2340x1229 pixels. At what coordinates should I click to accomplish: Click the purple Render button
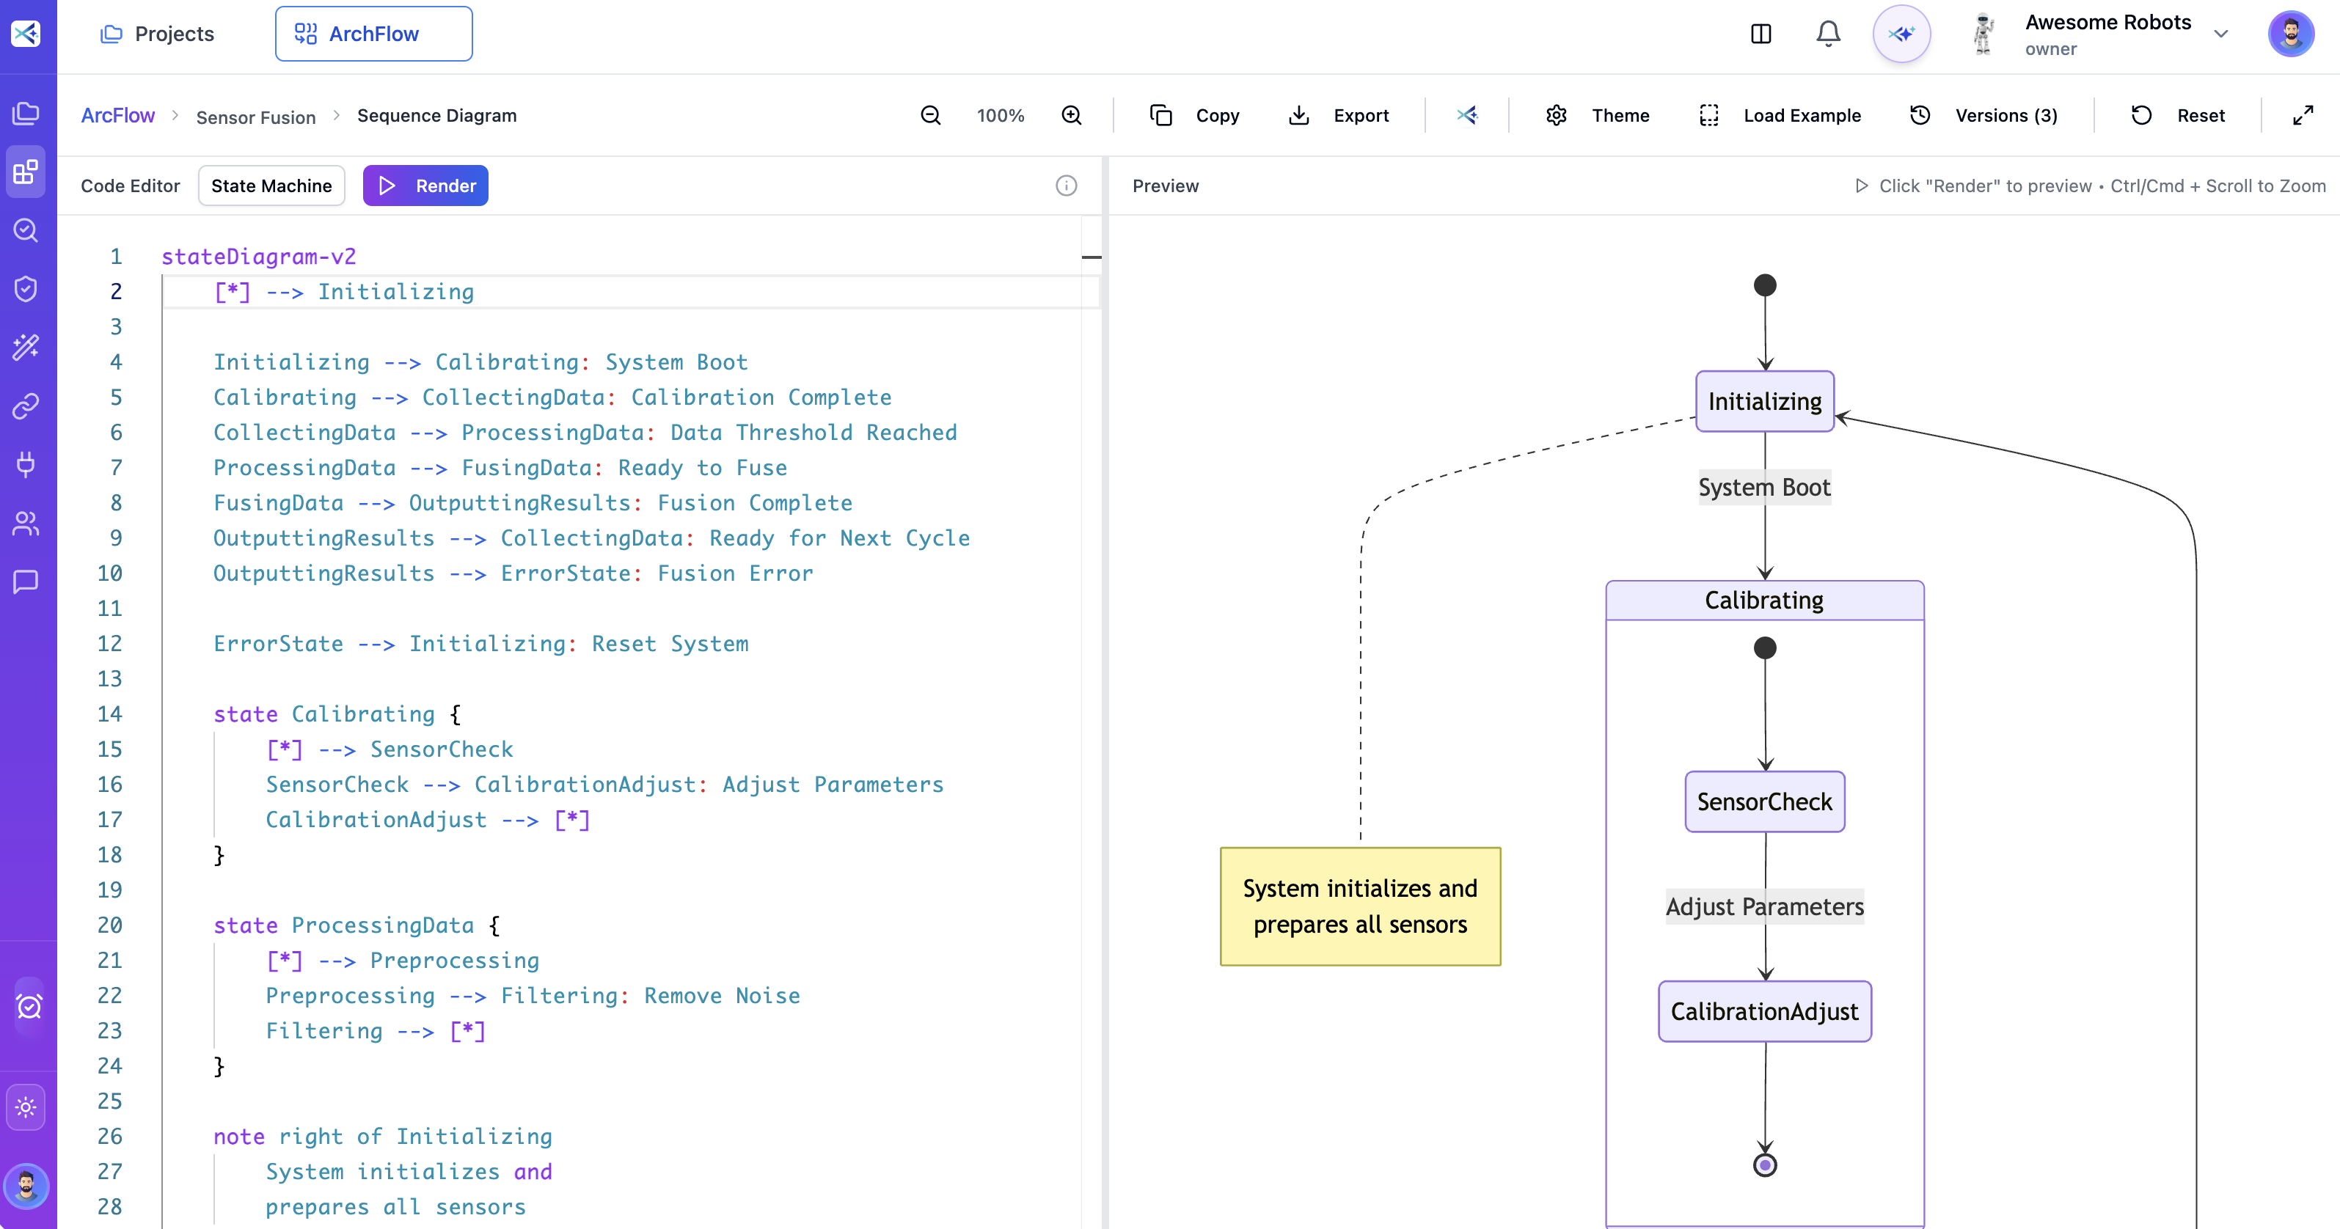coord(425,186)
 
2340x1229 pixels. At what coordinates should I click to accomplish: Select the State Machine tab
coord(271,186)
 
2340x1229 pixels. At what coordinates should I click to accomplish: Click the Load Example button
coord(1780,115)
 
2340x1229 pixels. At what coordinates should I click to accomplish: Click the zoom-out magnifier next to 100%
coord(930,115)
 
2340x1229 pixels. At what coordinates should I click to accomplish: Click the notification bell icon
coord(1828,34)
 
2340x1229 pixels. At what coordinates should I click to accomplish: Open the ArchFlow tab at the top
coord(373,34)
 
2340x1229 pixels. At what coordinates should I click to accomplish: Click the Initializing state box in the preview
coord(1764,402)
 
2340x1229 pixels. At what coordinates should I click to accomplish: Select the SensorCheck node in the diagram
coord(1764,801)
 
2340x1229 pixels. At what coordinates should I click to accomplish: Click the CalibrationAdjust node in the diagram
coord(1764,1011)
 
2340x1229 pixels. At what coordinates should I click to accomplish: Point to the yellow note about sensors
coord(1360,906)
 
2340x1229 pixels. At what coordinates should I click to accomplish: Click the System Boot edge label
coord(1764,488)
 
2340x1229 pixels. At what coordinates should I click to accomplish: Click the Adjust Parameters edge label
coord(1764,906)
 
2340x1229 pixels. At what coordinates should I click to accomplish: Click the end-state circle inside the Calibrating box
coord(1764,1164)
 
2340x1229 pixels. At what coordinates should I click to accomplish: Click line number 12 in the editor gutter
coord(110,644)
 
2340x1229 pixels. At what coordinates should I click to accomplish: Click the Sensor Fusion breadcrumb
coord(255,117)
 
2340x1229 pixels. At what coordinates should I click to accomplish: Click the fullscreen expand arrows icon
coord(2302,115)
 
